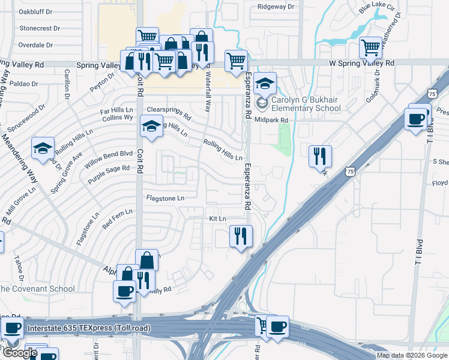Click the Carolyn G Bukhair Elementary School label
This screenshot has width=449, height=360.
point(306,104)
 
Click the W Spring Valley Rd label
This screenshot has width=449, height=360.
point(362,62)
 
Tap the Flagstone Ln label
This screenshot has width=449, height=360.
point(165,197)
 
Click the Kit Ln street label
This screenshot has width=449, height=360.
point(217,218)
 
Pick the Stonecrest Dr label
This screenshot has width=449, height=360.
point(40,28)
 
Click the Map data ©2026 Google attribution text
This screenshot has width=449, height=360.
point(411,355)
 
